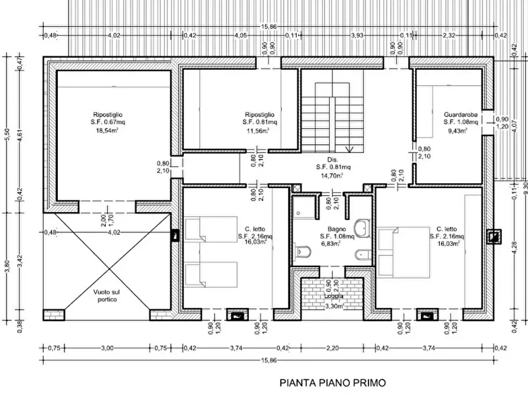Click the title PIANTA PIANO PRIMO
[x=334, y=383]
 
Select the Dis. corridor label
[x=331, y=160]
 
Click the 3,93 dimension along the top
[x=357, y=35]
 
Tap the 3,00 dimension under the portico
[x=106, y=348]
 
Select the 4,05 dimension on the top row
[x=240, y=35]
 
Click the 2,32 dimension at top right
[x=449, y=35]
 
